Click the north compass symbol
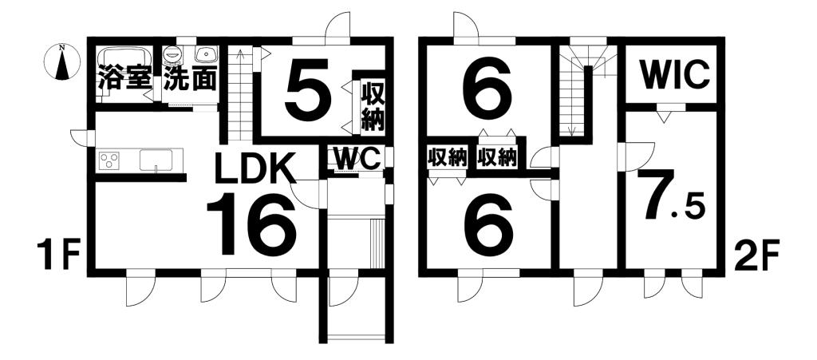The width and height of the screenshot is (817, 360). (x=62, y=62)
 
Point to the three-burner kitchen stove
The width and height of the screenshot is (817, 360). (x=109, y=160)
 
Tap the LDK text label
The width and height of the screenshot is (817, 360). (x=255, y=167)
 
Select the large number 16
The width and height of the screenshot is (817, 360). (x=251, y=224)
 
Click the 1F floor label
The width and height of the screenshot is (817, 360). (x=57, y=255)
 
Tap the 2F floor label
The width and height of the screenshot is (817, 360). (x=756, y=255)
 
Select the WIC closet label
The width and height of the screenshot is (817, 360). (x=675, y=76)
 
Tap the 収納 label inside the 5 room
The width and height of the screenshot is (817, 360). (x=373, y=107)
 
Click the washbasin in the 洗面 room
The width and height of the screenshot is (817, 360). (x=207, y=53)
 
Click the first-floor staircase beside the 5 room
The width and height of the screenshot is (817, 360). (x=240, y=93)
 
